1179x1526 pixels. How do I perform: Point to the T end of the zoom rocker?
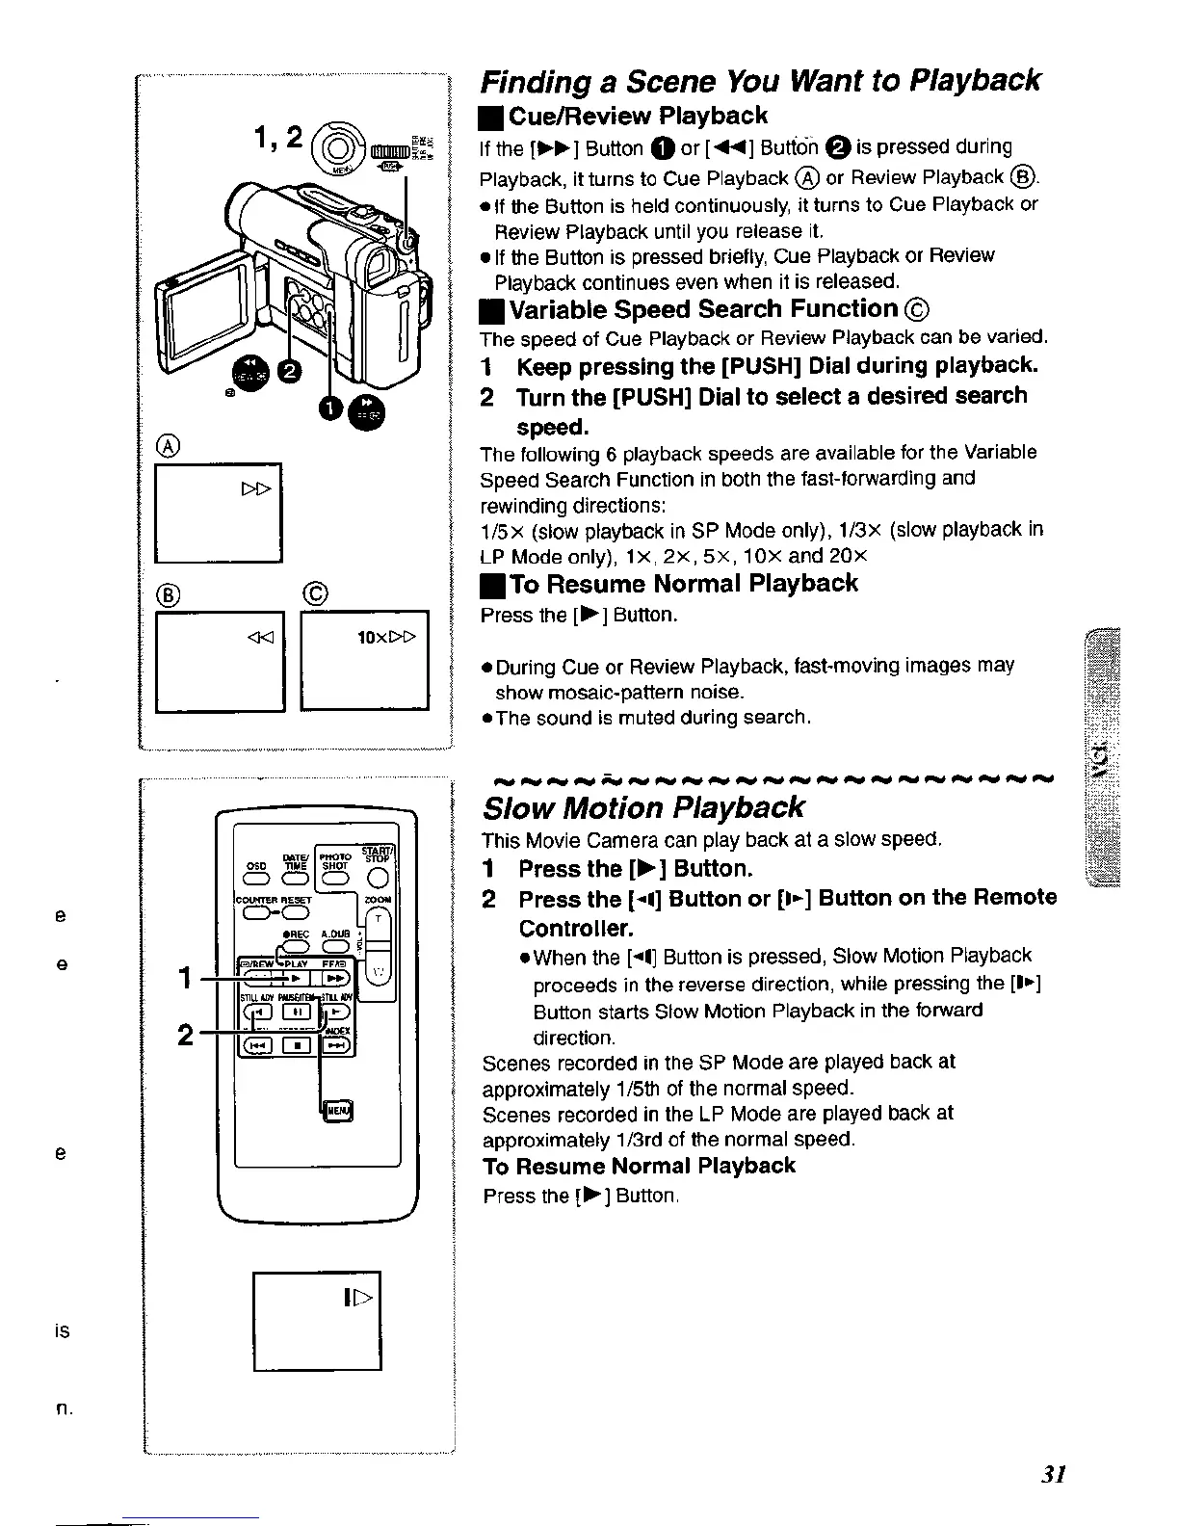click(379, 919)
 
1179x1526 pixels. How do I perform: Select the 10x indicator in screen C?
click(371, 636)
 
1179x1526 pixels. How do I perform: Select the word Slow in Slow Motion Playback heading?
click(521, 806)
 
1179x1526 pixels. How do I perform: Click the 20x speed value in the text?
click(853, 556)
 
